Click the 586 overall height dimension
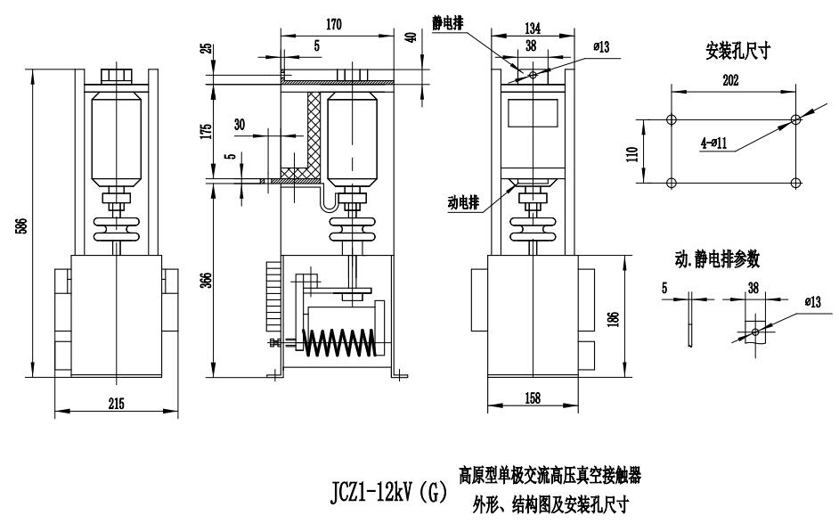(x=20, y=228)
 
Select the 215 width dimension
(x=116, y=403)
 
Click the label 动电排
(x=464, y=202)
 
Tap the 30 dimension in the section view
(x=240, y=125)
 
